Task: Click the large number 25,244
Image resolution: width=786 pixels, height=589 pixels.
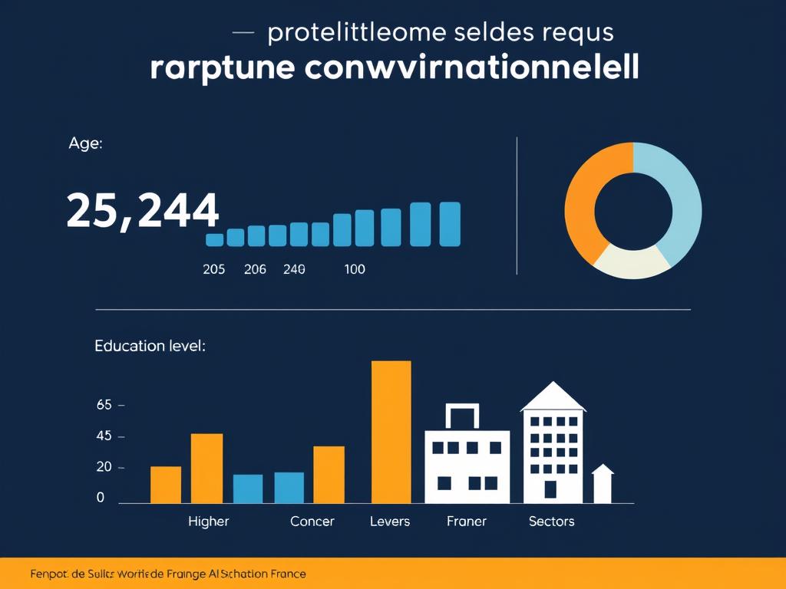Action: click(142, 211)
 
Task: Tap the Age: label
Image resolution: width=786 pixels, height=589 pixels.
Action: click(84, 143)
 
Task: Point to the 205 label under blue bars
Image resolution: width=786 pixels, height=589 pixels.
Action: click(213, 269)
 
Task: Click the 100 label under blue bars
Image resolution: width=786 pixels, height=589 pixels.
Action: click(355, 269)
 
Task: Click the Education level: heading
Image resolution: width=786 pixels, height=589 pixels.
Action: click(150, 346)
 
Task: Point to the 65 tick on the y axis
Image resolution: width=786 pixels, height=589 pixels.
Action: click(104, 405)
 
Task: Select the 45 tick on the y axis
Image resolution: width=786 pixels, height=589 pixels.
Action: click(104, 436)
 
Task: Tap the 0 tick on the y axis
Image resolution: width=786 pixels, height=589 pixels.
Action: click(101, 498)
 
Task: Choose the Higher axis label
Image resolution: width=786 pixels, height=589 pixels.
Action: click(208, 522)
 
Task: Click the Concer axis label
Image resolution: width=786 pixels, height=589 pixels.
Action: click(312, 522)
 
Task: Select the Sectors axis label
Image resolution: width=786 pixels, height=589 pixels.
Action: click(551, 522)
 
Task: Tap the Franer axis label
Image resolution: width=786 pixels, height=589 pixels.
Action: click(466, 522)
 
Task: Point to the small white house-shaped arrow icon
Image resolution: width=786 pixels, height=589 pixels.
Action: click(603, 483)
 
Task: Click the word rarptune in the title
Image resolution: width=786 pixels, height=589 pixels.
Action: click(222, 67)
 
